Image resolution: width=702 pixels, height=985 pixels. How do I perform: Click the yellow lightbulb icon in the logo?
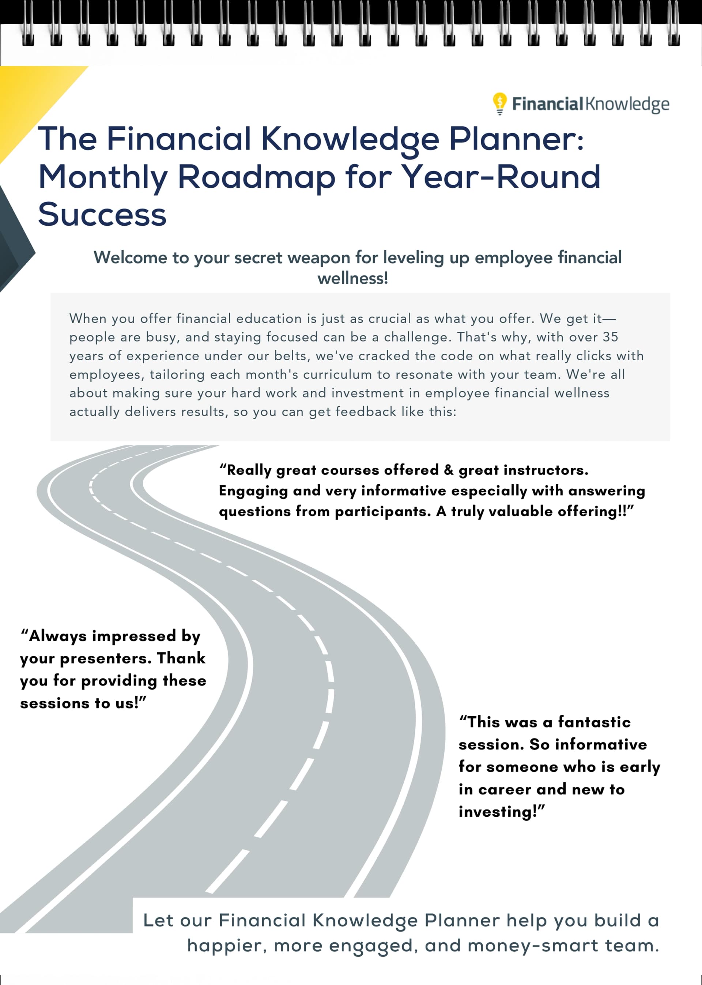coord(499,103)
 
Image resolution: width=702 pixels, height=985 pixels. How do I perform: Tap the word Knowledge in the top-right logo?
coord(627,104)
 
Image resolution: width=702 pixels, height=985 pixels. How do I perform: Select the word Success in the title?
coord(102,214)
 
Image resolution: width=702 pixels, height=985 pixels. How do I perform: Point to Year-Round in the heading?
coord(501,177)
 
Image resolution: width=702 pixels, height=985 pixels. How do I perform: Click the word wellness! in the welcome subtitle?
coord(353,278)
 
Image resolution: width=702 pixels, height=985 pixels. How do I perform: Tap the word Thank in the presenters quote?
coord(181,658)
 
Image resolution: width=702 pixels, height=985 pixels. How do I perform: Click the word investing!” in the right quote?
coord(501,812)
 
